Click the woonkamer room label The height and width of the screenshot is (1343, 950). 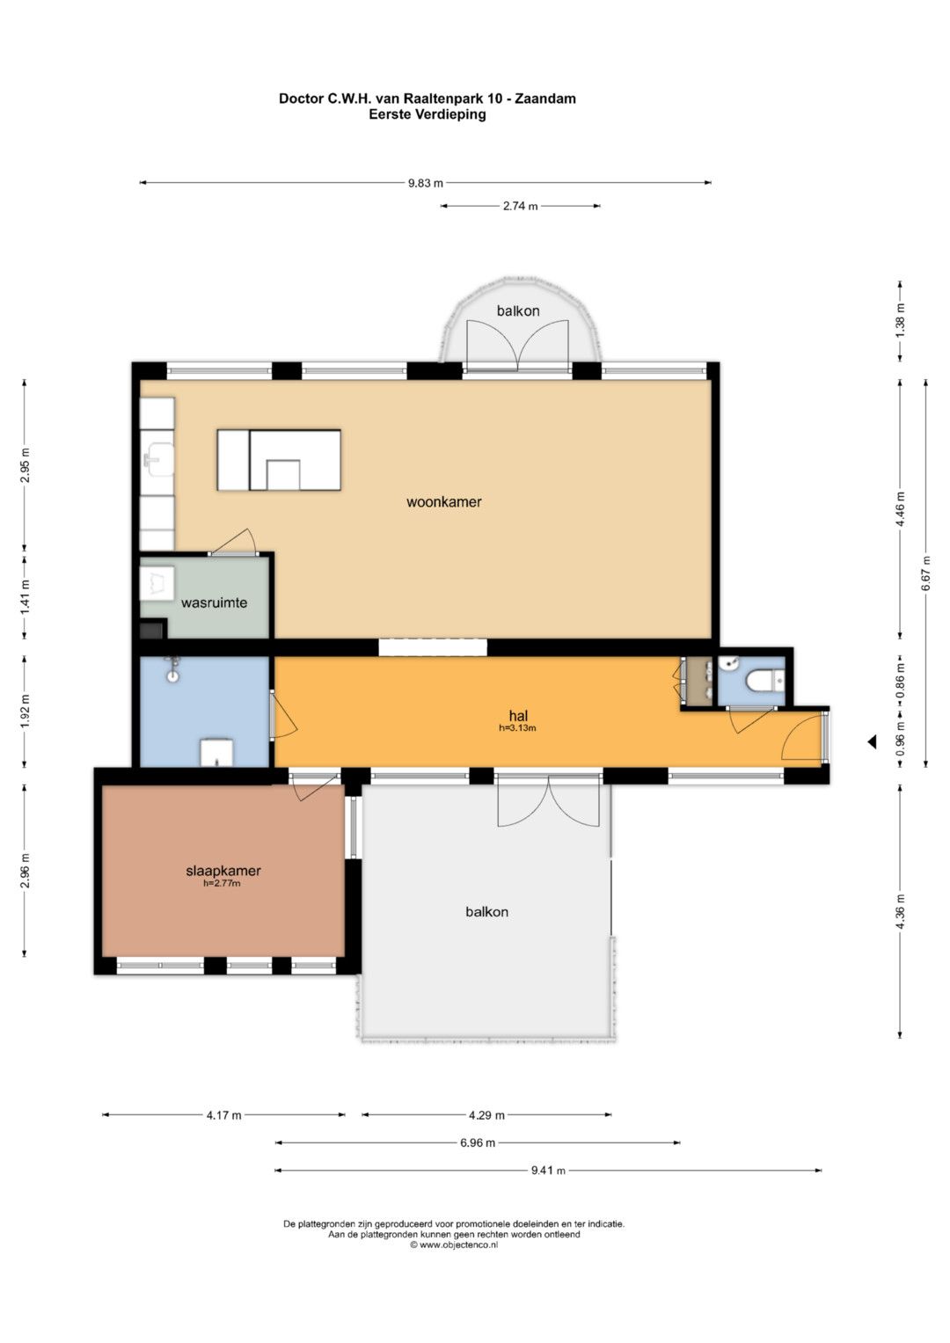click(444, 502)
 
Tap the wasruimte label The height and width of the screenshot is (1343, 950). click(214, 602)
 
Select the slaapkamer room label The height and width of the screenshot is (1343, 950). click(223, 871)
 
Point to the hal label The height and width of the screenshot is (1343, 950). click(518, 715)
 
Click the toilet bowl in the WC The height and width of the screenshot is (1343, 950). click(761, 681)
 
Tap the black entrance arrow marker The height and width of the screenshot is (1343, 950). click(872, 742)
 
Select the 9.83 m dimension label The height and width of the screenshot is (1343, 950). click(426, 183)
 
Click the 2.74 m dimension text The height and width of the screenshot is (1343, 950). click(521, 206)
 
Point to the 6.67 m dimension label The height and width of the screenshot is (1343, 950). click(926, 573)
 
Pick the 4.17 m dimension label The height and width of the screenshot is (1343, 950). click(223, 1115)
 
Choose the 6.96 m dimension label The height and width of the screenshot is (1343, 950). click(478, 1142)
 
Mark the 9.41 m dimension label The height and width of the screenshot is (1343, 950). click(548, 1171)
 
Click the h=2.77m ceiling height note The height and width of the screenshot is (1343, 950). click(222, 883)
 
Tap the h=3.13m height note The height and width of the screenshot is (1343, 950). click(517, 728)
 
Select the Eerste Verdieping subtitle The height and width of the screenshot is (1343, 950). click(427, 114)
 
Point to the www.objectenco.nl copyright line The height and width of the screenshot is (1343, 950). click(454, 1244)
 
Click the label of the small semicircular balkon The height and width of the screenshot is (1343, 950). click(518, 310)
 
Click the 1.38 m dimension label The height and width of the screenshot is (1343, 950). click(900, 321)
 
